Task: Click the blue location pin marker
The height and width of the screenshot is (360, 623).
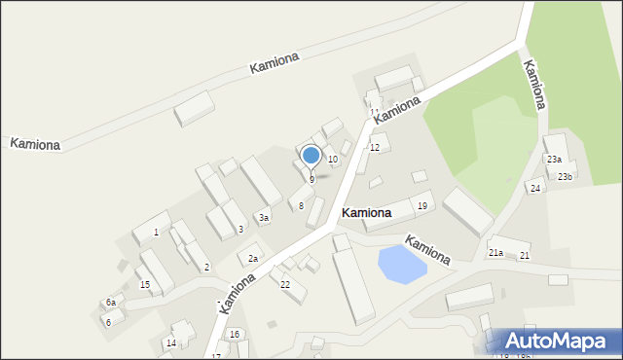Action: click(x=311, y=156)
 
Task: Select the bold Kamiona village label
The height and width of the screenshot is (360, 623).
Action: click(x=366, y=212)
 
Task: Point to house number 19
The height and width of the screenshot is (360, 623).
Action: click(x=421, y=206)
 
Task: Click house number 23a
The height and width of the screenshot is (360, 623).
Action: click(x=554, y=159)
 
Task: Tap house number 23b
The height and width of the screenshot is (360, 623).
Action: click(x=565, y=176)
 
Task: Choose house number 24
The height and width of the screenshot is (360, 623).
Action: click(x=535, y=189)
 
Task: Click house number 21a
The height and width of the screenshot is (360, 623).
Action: click(x=495, y=253)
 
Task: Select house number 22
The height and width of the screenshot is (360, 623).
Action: click(x=285, y=284)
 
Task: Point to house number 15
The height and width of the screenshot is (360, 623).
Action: click(x=144, y=284)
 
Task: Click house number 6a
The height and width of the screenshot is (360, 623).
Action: click(x=111, y=304)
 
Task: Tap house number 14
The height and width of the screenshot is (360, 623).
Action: click(x=170, y=342)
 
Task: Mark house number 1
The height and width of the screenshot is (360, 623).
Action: click(x=156, y=233)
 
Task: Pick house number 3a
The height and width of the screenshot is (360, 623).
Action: click(x=263, y=218)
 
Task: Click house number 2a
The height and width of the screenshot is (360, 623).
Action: click(x=252, y=258)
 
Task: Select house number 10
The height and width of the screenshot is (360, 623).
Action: click(x=332, y=159)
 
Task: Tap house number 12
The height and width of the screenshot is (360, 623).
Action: click(x=374, y=148)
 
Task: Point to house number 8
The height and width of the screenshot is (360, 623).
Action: click(x=301, y=205)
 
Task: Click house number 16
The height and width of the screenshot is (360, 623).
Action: click(x=235, y=334)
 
